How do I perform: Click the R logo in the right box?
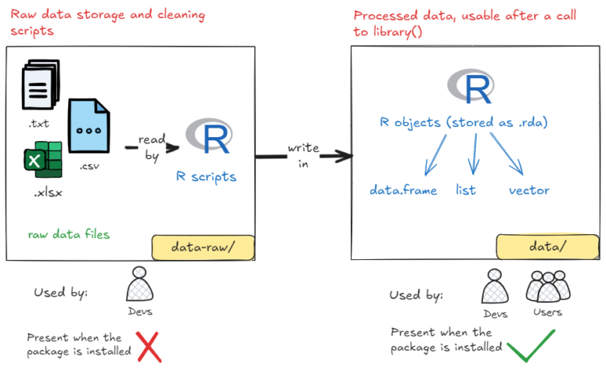point(470,88)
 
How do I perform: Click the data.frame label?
point(403,190)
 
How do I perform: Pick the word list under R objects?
point(466,190)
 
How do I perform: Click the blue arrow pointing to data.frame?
point(436,154)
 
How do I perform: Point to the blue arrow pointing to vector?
point(507,153)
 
